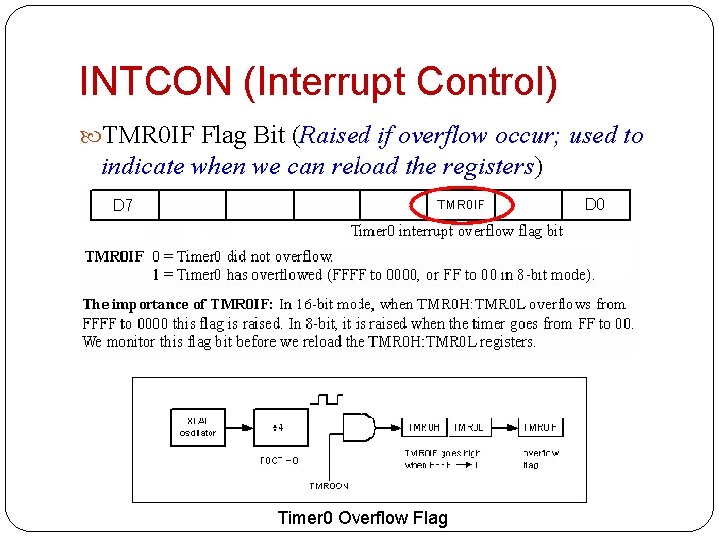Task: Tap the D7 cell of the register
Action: (x=123, y=205)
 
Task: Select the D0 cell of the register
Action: (x=594, y=205)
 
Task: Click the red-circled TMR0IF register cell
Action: (x=461, y=205)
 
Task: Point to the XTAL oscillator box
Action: (x=197, y=427)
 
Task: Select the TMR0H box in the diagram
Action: (x=424, y=427)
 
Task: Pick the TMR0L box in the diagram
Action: (x=468, y=427)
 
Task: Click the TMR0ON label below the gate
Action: (x=329, y=486)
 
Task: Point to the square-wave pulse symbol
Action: (x=327, y=400)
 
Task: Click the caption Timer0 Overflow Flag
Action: (x=362, y=517)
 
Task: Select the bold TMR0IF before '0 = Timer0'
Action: (x=114, y=257)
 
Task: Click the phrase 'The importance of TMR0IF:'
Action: (x=177, y=304)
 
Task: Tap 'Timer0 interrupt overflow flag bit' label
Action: (x=456, y=231)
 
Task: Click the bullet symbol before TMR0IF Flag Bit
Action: (x=94, y=136)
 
